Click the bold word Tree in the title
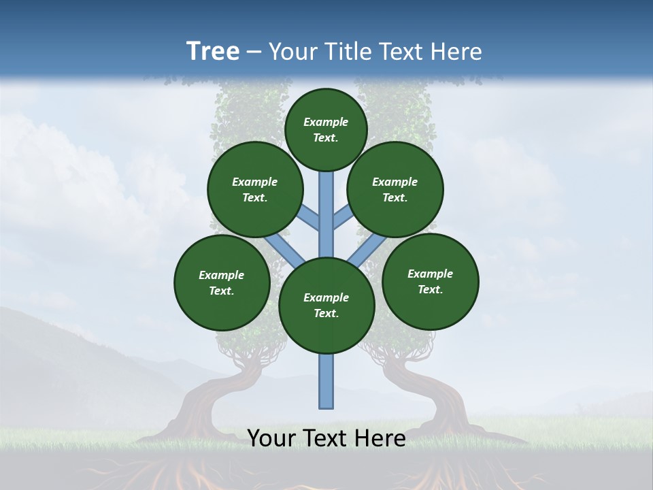(213, 52)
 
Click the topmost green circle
(326, 129)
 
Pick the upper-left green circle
(255, 189)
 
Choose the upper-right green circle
(395, 189)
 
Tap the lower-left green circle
(222, 282)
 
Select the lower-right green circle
(430, 281)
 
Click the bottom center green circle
(326, 306)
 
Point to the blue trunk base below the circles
(326, 381)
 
